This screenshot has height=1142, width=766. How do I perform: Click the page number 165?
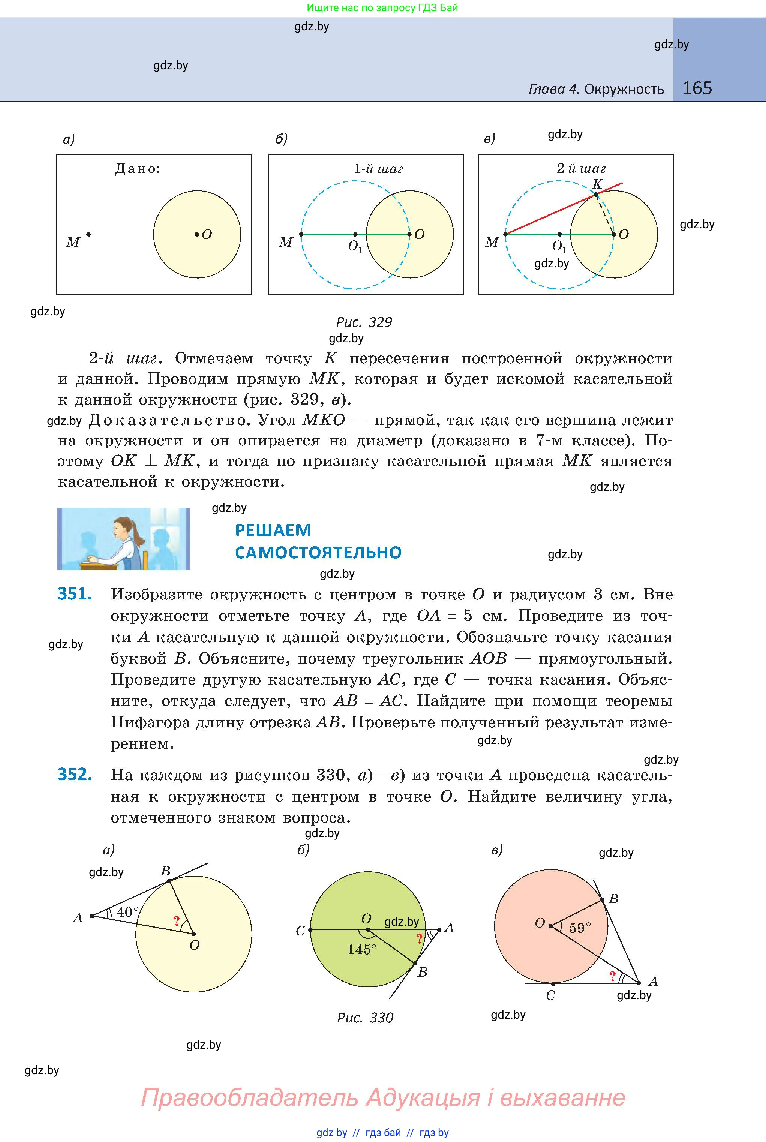(697, 88)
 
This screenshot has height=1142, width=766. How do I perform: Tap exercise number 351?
(75, 594)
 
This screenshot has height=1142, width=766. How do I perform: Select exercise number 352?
(75, 775)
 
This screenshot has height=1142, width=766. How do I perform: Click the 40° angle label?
(127, 911)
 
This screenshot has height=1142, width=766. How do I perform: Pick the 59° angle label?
(580, 928)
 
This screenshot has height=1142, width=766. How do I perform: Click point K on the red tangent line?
(595, 195)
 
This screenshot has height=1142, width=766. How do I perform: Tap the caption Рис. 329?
(364, 322)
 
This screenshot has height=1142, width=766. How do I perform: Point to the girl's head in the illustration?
(122, 528)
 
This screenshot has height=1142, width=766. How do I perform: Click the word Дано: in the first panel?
(137, 169)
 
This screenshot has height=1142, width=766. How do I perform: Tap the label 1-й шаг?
(378, 169)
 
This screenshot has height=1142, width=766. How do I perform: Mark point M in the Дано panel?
(88, 234)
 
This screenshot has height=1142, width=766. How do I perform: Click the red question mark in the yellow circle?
(176, 921)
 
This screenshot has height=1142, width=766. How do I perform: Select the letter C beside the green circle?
(300, 931)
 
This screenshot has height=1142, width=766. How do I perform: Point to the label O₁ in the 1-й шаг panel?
(355, 247)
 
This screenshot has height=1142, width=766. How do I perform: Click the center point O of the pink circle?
(550, 926)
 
